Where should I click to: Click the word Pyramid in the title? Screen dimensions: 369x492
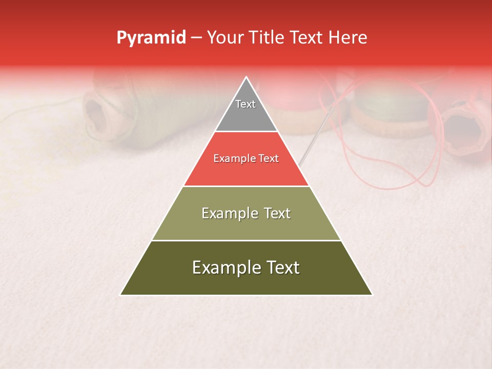[x=151, y=38]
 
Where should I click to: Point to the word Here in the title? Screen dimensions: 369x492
[x=347, y=38]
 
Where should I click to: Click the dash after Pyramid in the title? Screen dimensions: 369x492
[x=196, y=38]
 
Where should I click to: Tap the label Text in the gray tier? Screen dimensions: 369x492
[x=245, y=104]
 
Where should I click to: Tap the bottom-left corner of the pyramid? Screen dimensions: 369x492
[x=121, y=294]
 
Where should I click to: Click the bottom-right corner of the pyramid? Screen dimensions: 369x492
[x=372, y=294]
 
